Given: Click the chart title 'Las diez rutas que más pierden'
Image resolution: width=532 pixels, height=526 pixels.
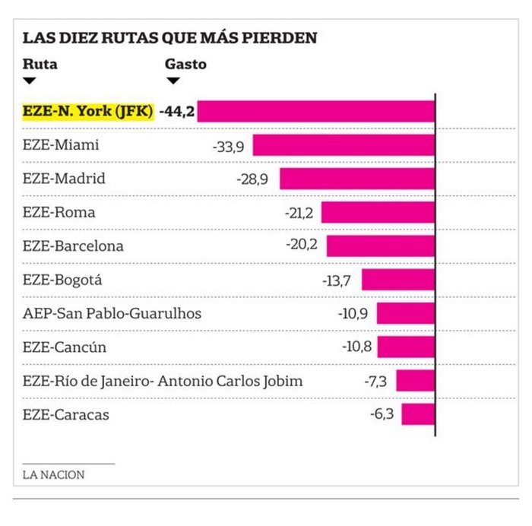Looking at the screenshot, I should [169, 38].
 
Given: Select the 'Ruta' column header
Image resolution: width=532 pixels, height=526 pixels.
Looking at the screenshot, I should [40, 64].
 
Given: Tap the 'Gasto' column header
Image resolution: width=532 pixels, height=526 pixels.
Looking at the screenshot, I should [185, 64].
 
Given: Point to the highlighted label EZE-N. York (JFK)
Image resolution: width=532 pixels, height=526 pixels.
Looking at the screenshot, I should [87, 111].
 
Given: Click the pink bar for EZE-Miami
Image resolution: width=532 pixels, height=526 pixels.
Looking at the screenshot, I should [344, 145].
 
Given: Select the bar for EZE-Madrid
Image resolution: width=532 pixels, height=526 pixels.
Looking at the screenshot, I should [357, 179].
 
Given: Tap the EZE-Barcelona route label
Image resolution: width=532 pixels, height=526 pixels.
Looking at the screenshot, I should [73, 246].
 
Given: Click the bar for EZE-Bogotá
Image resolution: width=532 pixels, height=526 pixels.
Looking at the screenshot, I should [397, 280].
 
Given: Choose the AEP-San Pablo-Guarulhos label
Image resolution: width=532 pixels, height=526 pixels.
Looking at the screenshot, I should [112, 313].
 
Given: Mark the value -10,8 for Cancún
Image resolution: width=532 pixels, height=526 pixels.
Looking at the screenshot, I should [356, 347].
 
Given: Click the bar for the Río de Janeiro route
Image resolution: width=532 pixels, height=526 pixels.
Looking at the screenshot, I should [415, 381].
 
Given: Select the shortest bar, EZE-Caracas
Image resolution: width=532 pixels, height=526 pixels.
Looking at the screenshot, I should [418, 414].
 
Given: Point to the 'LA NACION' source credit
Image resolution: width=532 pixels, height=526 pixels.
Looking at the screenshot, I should [53, 474].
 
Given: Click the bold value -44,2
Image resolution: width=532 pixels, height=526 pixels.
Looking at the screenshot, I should [176, 111].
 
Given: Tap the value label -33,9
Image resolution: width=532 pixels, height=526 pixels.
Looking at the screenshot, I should [229, 145].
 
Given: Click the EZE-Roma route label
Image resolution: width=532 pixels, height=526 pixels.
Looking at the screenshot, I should [59, 212].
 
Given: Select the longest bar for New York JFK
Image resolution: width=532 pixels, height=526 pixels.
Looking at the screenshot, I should [316, 111].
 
